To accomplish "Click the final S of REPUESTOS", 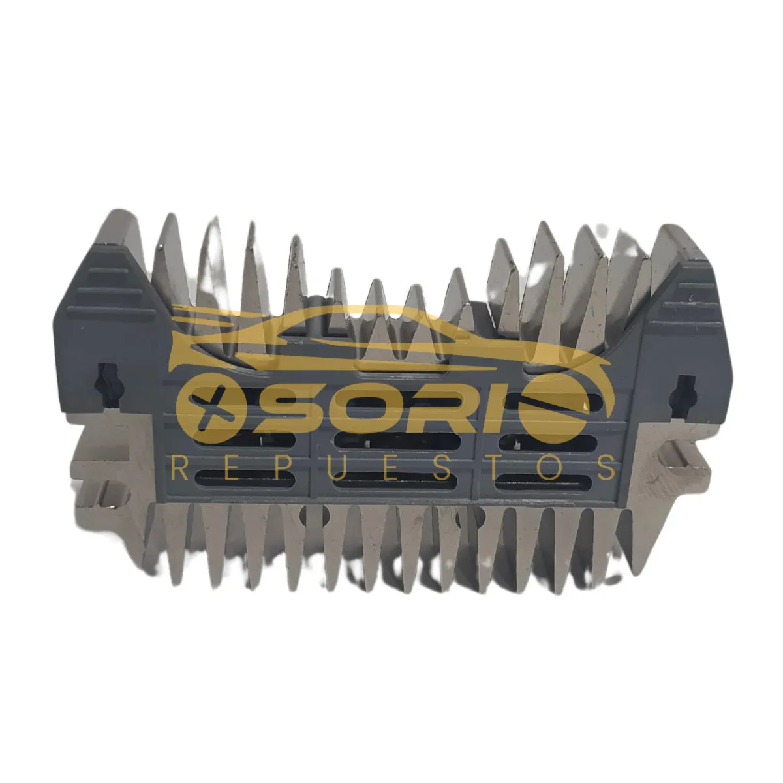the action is pyautogui.click(x=606, y=468).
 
